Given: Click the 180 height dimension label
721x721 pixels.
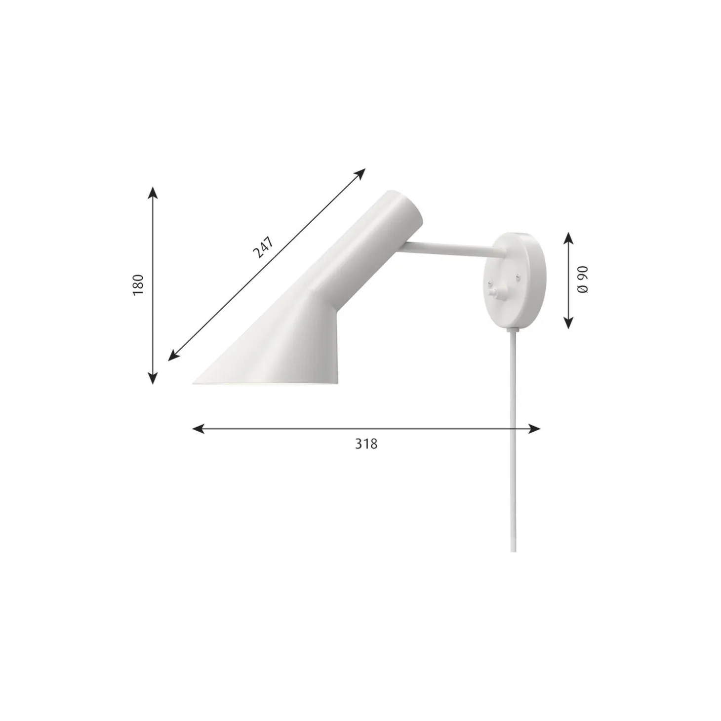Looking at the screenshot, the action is pyautogui.click(x=138, y=285).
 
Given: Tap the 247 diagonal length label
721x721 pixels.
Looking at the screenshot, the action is pyautogui.click(x=263, y=248).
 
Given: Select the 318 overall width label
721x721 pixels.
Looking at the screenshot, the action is pyautogui.click(x=366, y=444).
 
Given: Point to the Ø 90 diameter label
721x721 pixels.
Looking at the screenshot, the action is pyautogui.click(x=583, y=280).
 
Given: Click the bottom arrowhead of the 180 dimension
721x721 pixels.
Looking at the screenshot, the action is pyautogui.click(x=153, y=378).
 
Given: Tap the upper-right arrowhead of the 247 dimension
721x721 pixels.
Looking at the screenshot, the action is pyautogui.click(x=360, y=174).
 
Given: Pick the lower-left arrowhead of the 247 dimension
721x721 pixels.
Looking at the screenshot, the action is pyautogui.click(x=174, y=356).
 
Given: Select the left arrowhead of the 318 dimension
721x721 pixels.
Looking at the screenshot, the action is pyautogui.click(x=199, y=429).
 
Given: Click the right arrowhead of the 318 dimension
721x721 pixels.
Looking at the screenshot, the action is pyautogui.click(x=534, y=429).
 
